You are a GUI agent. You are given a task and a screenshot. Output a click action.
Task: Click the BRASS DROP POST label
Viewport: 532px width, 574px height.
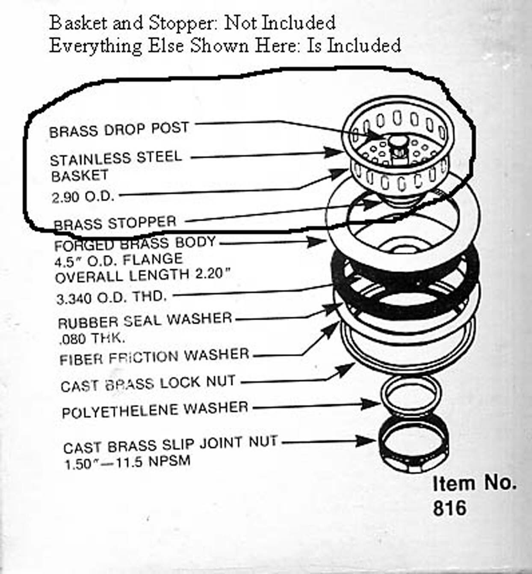coord(119,130)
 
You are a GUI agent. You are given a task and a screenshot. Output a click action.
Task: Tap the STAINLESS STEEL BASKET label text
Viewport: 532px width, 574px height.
coord(116,167)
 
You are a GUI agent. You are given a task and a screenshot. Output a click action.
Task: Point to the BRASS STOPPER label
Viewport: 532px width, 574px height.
coord(115,223)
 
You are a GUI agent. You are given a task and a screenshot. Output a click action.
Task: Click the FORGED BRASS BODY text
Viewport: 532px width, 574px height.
coord(135,244)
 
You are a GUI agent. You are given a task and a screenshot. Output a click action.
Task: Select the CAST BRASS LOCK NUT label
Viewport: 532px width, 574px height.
coord(148,383)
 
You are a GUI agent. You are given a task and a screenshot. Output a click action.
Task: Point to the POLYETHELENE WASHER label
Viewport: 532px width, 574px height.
coord(155,409)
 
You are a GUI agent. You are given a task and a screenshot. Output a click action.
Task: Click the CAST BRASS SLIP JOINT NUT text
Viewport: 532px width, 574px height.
coord(170,445)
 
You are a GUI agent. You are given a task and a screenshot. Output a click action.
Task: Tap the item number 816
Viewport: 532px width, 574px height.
coord(450,508)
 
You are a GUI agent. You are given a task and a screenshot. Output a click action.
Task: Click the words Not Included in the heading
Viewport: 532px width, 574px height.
coord(280,23)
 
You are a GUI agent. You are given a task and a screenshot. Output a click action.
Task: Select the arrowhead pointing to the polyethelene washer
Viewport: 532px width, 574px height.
coord(372,404)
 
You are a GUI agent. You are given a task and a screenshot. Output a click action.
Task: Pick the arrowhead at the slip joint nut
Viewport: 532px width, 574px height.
coord(366,441)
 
